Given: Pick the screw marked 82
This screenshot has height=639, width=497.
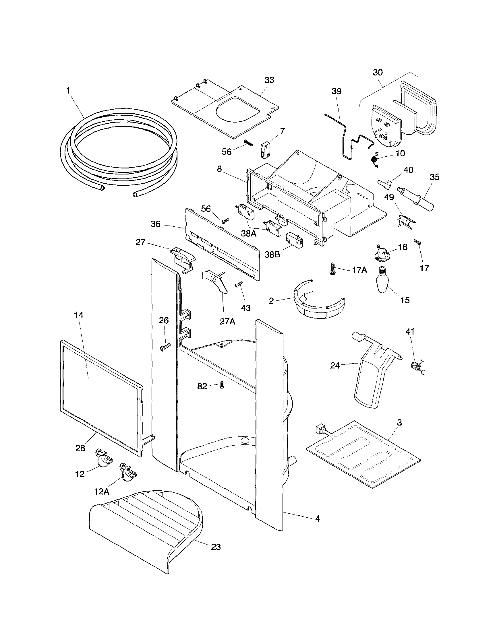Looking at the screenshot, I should coord(222,386).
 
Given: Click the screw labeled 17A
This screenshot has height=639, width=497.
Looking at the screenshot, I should coord(332,268).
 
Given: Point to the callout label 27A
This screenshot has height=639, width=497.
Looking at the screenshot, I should coord(227,321).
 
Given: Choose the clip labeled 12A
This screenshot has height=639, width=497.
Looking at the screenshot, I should coord(127,476).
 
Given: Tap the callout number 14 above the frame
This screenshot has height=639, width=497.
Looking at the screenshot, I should coord(79,315).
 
